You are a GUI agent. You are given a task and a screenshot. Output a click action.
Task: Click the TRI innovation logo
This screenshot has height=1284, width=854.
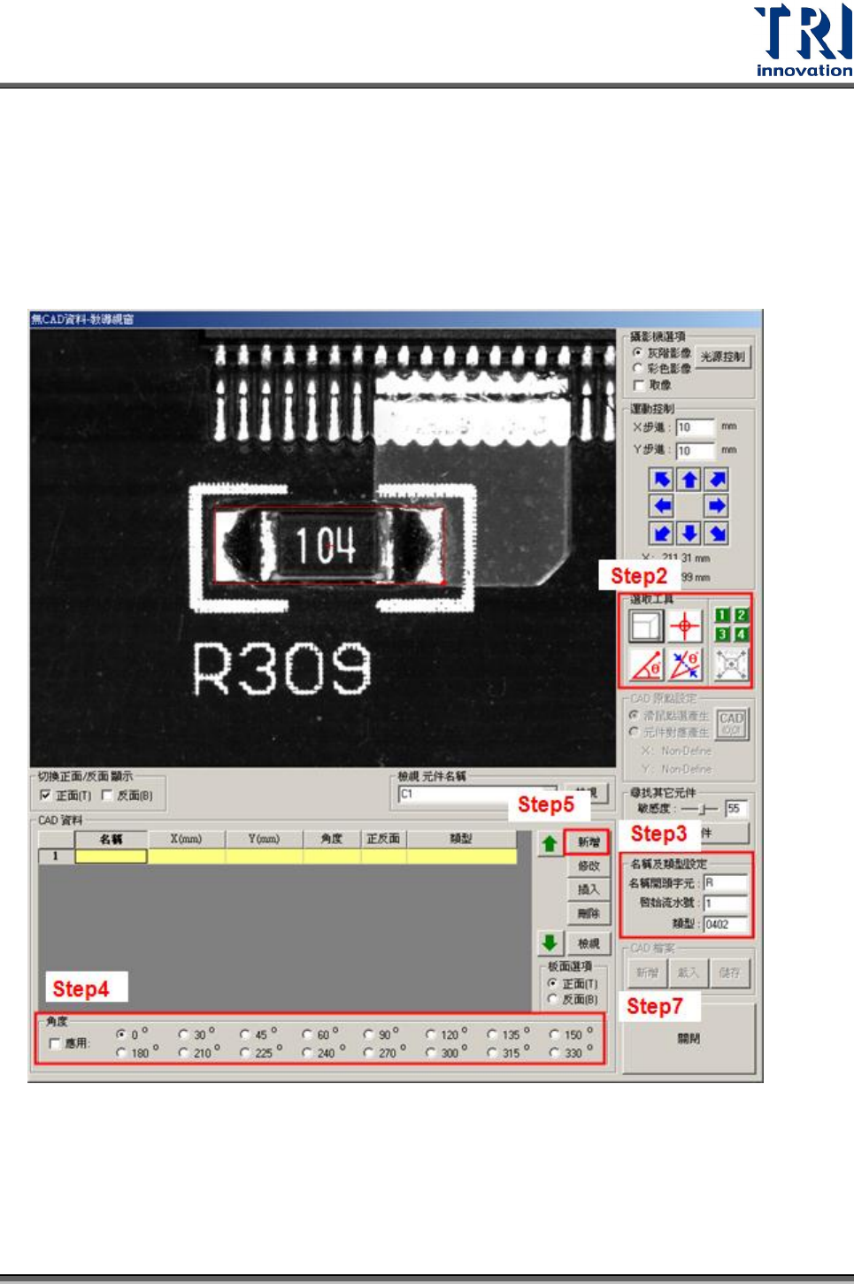coord(803,41)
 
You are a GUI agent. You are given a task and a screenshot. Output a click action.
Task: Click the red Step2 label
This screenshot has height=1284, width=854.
coord(638,576)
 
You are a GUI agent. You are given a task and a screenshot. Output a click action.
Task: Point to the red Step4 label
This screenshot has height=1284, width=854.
coord(81,988)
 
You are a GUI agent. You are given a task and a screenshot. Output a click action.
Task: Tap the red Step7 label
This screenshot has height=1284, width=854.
coord(654,1006)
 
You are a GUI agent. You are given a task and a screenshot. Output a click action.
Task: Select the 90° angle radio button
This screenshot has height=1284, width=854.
coord(369,1034)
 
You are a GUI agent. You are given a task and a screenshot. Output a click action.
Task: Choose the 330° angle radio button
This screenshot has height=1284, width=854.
coord(555,1052)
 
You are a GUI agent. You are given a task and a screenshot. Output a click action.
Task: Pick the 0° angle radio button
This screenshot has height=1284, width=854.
coord(121,1034)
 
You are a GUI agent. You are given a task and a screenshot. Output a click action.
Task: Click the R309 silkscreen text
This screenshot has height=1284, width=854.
coord(281,668)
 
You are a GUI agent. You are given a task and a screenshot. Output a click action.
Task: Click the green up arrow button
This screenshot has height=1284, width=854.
coord(550,843)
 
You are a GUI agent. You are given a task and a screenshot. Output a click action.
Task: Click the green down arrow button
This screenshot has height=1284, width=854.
coord(550,942)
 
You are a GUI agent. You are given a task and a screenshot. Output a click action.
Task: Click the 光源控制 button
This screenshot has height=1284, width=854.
coord(722,357)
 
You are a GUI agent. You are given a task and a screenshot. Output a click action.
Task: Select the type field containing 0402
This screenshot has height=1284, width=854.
coord(726,924)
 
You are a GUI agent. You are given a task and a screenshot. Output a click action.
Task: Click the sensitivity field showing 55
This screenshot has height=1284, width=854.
coord(735,808)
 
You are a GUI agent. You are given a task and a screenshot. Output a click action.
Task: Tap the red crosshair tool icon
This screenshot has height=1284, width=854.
coord(685,626)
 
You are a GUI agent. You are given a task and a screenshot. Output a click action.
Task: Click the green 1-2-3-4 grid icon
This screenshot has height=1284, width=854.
coord(731,624)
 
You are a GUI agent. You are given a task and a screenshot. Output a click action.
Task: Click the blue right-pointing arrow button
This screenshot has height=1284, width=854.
coord(717,506)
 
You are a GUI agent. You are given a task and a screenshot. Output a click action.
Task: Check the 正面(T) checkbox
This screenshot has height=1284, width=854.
coord(46,796)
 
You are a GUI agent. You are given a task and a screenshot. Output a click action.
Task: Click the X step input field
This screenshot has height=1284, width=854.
coord(695,427)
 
